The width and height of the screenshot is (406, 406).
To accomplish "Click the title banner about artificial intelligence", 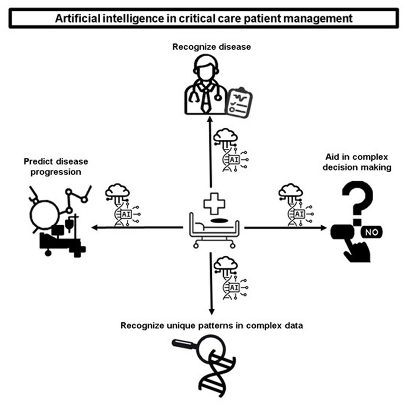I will point(203,19).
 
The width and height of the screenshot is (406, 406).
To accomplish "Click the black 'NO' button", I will point(371,233).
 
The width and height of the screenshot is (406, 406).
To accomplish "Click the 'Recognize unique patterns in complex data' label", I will point(212,326).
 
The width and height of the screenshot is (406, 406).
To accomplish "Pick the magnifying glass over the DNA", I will point(200,348).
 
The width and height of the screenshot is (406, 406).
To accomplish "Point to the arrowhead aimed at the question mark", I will point(323,228).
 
